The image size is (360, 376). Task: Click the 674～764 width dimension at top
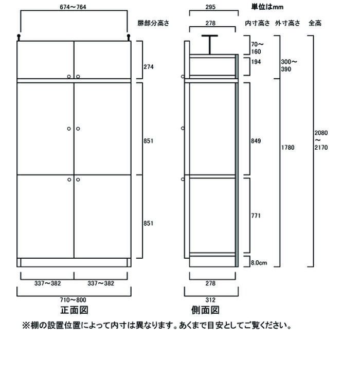click(73, 7)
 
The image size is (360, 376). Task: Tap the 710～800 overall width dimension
click(73, 300)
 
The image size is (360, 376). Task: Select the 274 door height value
click(149, 67)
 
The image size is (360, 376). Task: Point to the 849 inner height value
click(256, 141)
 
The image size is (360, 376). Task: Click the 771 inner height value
click(256, 216)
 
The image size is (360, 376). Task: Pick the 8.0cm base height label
click(259, 262)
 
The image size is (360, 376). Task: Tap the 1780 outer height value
click(287, 147)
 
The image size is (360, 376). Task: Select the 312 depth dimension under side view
click(210, 300)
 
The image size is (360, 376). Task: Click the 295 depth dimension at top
click(210, 7)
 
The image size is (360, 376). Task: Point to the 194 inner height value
click(256, 62)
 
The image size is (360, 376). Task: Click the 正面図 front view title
click(74, 310)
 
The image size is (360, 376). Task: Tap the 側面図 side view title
click(205, 310)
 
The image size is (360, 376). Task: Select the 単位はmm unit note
click(267, 7)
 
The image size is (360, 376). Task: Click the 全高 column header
click(315, 23)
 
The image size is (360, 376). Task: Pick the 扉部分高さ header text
click(153, 23)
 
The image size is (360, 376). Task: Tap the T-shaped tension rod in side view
click(210, 45)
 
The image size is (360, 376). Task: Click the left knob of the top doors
click(69, 77)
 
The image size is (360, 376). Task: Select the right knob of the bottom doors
click(78, 180)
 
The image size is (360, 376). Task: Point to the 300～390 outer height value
click(289, 65)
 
